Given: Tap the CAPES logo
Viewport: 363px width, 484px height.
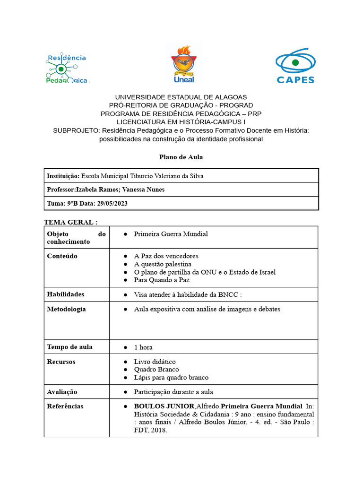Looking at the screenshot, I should pyautogui.click(x=295, y=66).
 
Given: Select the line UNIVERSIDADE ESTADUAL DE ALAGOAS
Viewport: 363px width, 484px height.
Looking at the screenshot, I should pyautogui.click(x=181, y=97).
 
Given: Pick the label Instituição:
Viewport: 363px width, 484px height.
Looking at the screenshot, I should pyautogui.click(x=63, y=176).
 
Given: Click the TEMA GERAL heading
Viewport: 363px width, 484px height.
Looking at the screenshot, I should pyautogui.click(x=71, y=222).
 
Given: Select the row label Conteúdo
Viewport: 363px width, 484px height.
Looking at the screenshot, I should pyautogui.click(x=62, y=256).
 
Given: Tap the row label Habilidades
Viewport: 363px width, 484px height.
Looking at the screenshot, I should pyautogui.click(x=66, y=294).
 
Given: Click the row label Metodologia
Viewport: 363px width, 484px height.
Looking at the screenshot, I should pyautogui.click(x=67, y=309).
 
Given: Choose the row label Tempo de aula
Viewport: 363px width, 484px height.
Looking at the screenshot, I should pyautogui.click(x=69, y=347).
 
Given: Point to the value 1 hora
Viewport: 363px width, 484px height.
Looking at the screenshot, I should pyautogui.click(x=143, y=347).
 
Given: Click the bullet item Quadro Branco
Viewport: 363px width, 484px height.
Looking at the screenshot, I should pyautogui.click(x=156, y=369).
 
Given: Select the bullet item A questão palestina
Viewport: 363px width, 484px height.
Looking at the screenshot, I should pyautogui.click(x=163, y=264).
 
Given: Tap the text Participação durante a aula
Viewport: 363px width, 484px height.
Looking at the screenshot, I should pyautogui.click(x=173, y=392).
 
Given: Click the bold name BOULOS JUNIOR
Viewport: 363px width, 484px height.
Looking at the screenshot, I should pyautogui.click(x=164, y=406).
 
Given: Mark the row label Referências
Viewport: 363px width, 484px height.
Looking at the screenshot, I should pyautogui.click(x=65, y=406).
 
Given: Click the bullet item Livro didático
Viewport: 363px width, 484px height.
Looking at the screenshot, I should pyautogui.click(x=155, y=362).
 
